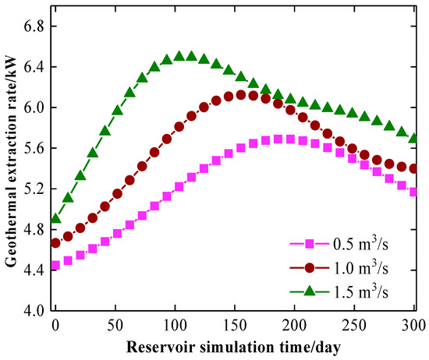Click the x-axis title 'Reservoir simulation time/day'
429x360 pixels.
pos(233,348)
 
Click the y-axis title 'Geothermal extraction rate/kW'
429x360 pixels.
pos(11,161)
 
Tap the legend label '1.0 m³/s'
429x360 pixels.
pos(361,267)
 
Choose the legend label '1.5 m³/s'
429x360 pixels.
pos(361,291)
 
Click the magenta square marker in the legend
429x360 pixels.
pos(310,243)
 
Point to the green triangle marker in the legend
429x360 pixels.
pos(310,291)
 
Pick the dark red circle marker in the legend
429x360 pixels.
pos(310,267)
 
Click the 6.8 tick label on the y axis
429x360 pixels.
pos(34,26)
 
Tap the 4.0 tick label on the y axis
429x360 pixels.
pos(34,311)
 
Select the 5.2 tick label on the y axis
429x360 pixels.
pos(34,189)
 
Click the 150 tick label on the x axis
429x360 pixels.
pos(235,325)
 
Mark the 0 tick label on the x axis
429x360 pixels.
pos(55,325)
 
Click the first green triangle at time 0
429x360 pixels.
pos(56,218)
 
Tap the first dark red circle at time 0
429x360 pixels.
pos(55,243)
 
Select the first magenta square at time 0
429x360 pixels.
pos(55,265)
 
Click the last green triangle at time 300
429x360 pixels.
pos(413,138)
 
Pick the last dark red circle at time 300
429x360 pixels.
pos(413,168)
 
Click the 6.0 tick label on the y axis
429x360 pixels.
pos(34,108)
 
